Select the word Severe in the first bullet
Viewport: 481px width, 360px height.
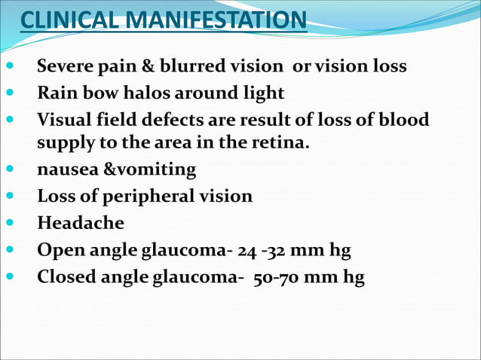point(65,66)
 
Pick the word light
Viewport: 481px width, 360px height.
point(263,93)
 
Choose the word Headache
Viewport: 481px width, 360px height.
point(81,223)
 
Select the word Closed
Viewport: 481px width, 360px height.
point(64,277)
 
